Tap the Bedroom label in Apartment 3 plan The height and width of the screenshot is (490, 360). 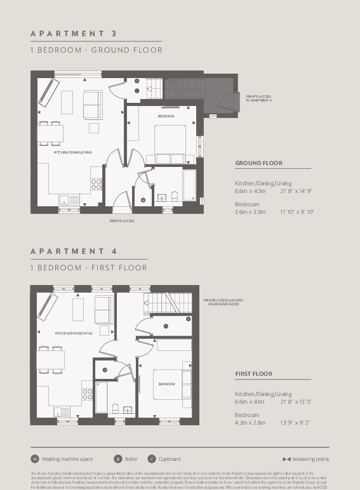(166, 117)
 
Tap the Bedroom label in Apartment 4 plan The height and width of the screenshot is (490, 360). (166, 384)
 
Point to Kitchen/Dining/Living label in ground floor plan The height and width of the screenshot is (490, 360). (72, 152)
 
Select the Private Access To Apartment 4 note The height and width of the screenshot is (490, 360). (258, 98)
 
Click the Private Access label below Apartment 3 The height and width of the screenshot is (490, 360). (122, 221)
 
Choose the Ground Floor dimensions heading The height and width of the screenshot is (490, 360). (258, 163)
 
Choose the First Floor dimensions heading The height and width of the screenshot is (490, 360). (253, 374)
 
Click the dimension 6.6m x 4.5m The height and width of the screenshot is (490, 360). (250, 190)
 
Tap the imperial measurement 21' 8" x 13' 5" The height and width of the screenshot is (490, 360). (297, 401)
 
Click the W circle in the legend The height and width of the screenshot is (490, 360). (35, 459)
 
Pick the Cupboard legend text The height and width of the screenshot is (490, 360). (170, 459)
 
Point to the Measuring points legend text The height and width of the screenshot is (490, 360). (310, 459)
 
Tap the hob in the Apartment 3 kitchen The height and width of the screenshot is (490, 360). (97, 183)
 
